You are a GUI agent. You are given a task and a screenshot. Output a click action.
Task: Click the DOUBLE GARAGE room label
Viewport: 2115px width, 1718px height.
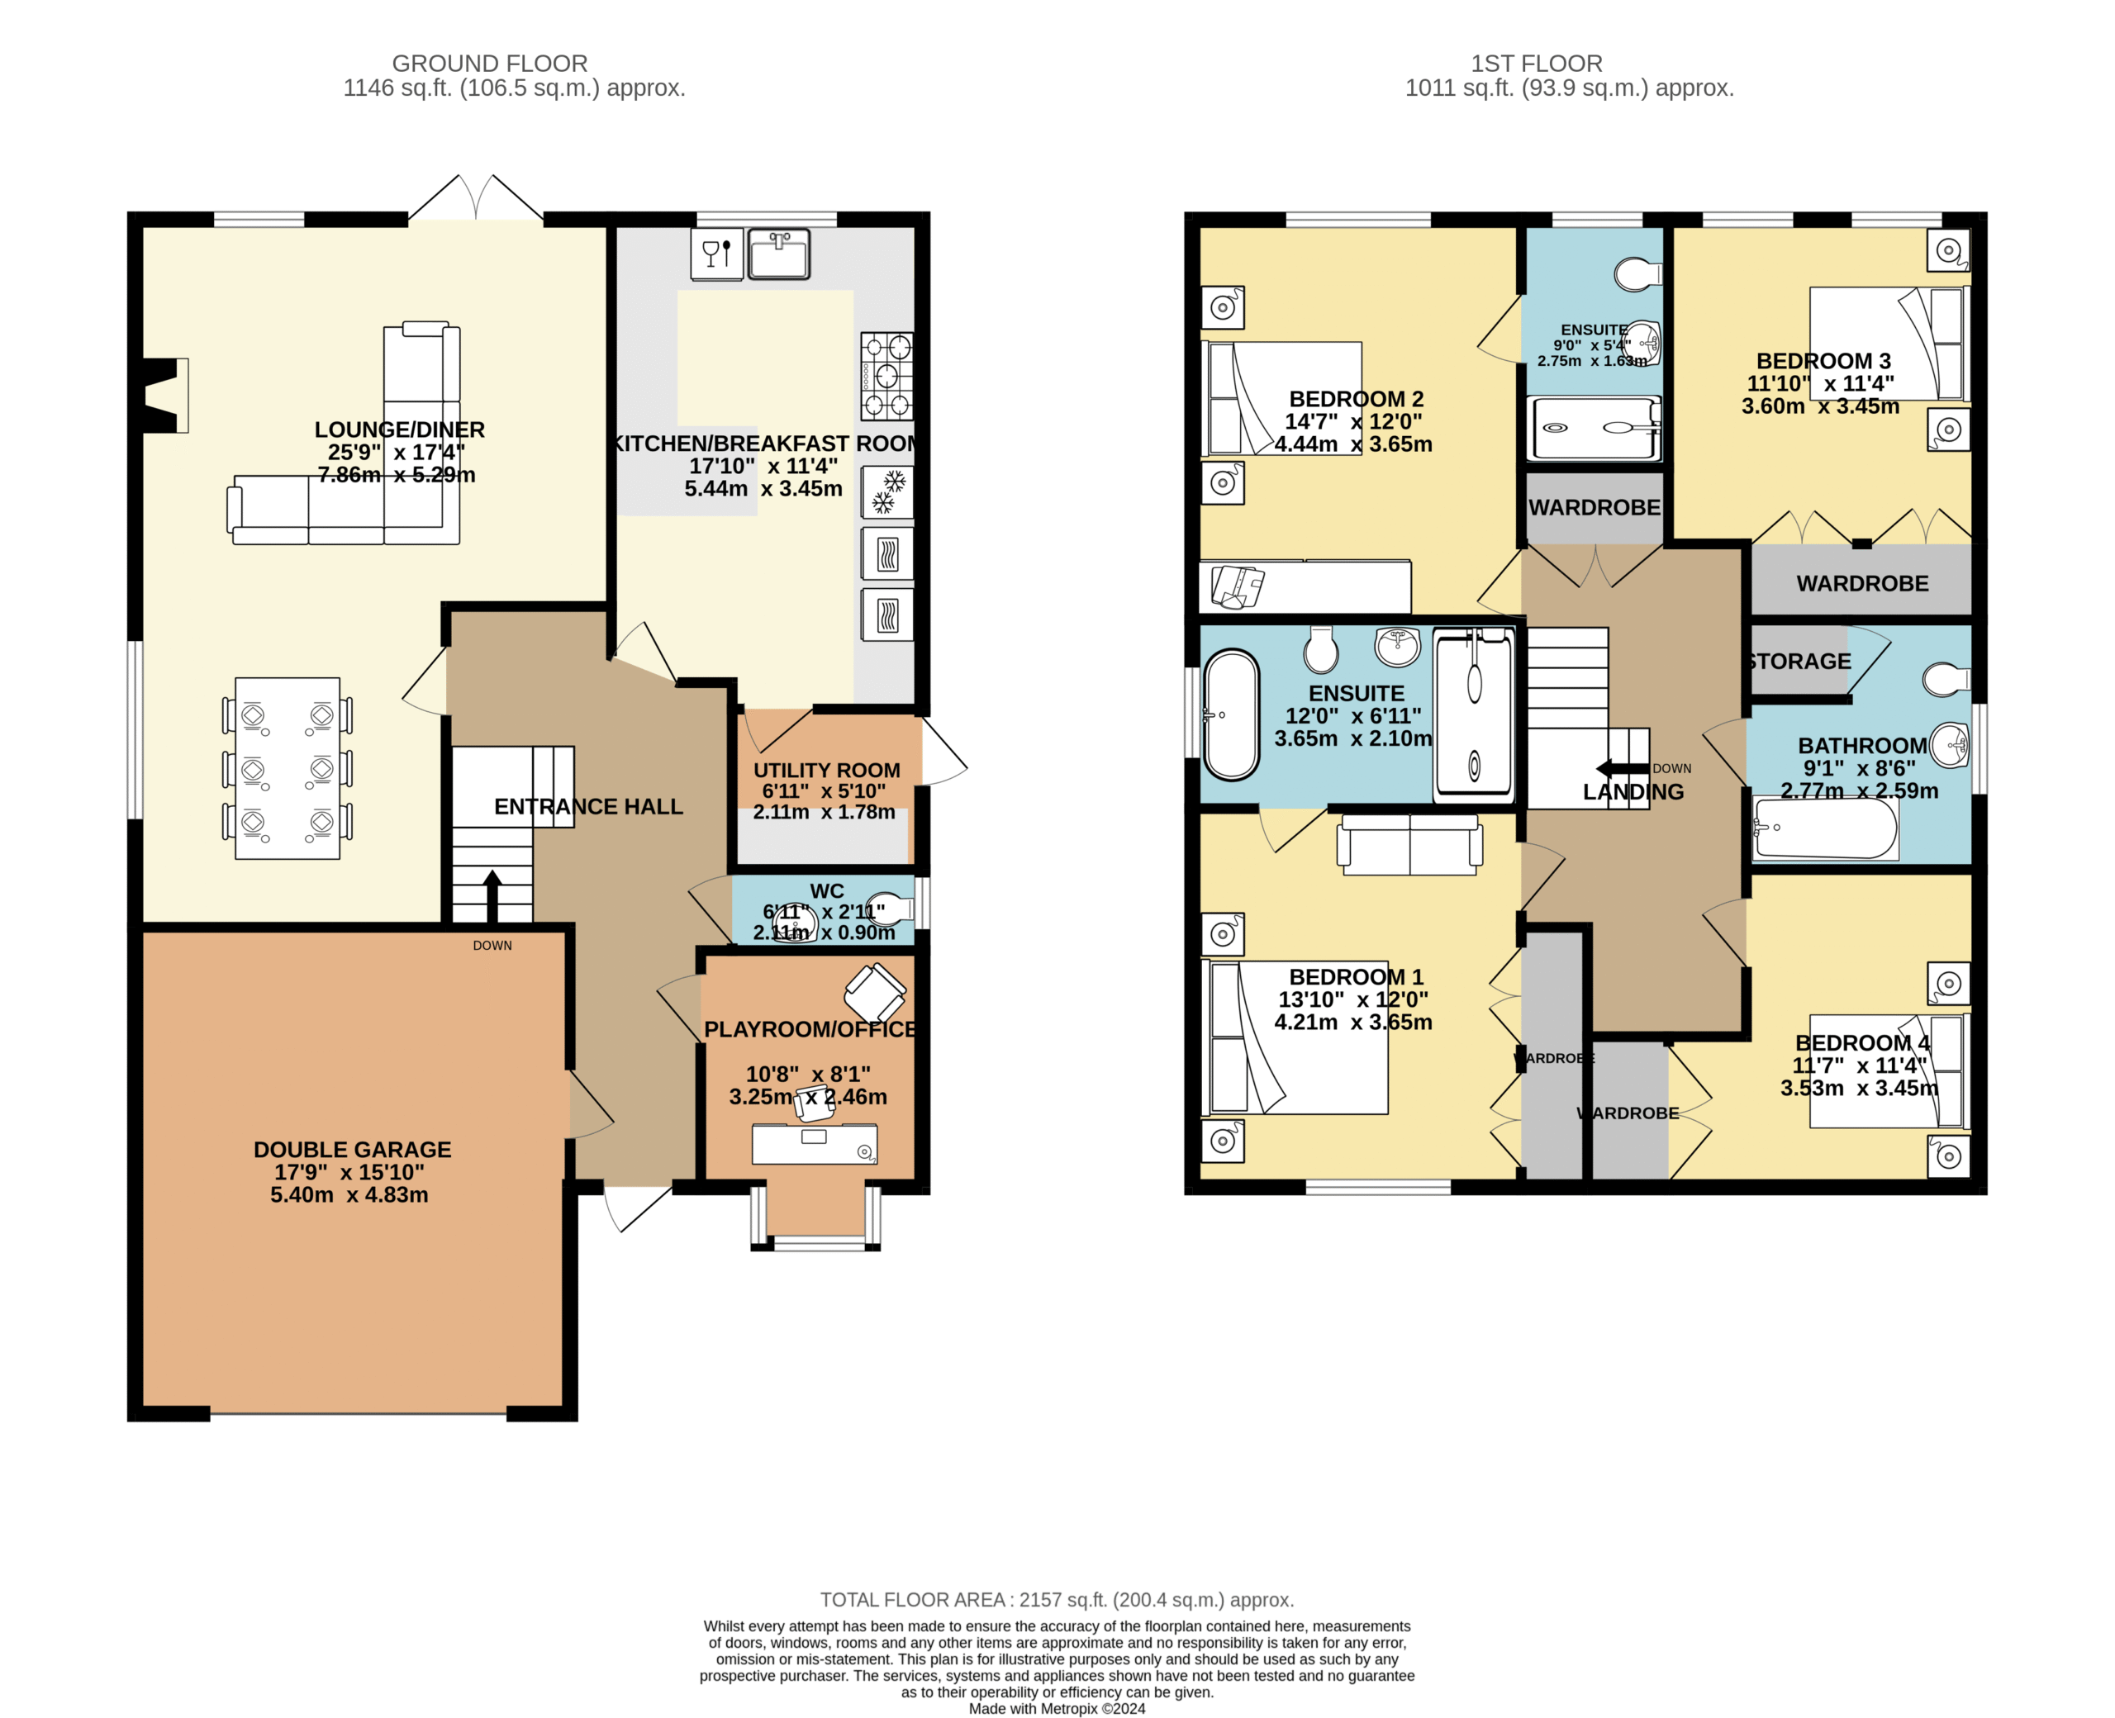pos(352,1149)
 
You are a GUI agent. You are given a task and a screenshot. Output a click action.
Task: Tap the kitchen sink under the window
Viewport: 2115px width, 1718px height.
pos(779,254)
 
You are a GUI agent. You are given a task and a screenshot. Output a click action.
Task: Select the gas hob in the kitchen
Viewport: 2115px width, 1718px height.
pos(886,376)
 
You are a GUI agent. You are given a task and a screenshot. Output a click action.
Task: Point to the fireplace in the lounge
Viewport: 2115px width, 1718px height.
pos(165,395)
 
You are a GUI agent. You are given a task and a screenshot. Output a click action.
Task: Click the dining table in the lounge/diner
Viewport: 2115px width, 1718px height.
pos(287,768)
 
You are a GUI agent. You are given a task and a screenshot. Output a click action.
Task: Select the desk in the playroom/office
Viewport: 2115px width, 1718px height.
pos(814,1144)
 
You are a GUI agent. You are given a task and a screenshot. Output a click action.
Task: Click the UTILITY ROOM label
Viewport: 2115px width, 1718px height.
pos(826,770)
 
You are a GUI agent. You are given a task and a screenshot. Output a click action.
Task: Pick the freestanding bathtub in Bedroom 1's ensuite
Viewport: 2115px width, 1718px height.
pos(1231,714)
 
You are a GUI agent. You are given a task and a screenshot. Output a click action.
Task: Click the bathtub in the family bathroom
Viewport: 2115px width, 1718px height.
pos(1824,828)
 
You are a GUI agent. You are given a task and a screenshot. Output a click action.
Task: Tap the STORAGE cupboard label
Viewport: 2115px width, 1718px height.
pos(1799,661)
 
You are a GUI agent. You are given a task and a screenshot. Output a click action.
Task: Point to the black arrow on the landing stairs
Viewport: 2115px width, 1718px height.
pos(1622,769)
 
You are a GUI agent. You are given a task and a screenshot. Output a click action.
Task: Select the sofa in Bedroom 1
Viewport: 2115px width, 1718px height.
pos(1409,844)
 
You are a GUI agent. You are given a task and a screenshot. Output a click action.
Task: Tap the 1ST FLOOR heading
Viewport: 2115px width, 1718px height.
pos(1536,64)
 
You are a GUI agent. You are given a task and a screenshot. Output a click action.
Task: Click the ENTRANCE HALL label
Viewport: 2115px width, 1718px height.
pos(588,806)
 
